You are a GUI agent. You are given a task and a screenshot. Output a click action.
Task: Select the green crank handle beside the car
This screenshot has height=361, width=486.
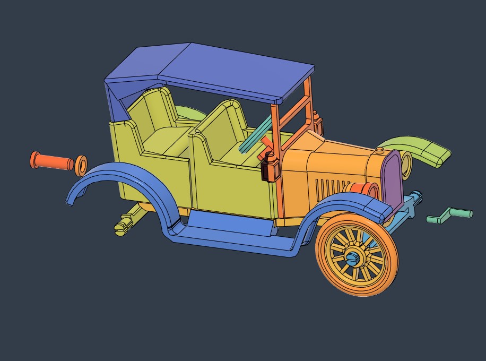449,216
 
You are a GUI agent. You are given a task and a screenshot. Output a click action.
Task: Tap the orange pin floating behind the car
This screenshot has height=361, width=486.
51,161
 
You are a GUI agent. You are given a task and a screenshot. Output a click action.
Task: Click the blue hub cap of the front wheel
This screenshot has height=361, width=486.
354,259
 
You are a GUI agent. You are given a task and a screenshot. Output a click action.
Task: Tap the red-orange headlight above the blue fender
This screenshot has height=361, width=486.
362,190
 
